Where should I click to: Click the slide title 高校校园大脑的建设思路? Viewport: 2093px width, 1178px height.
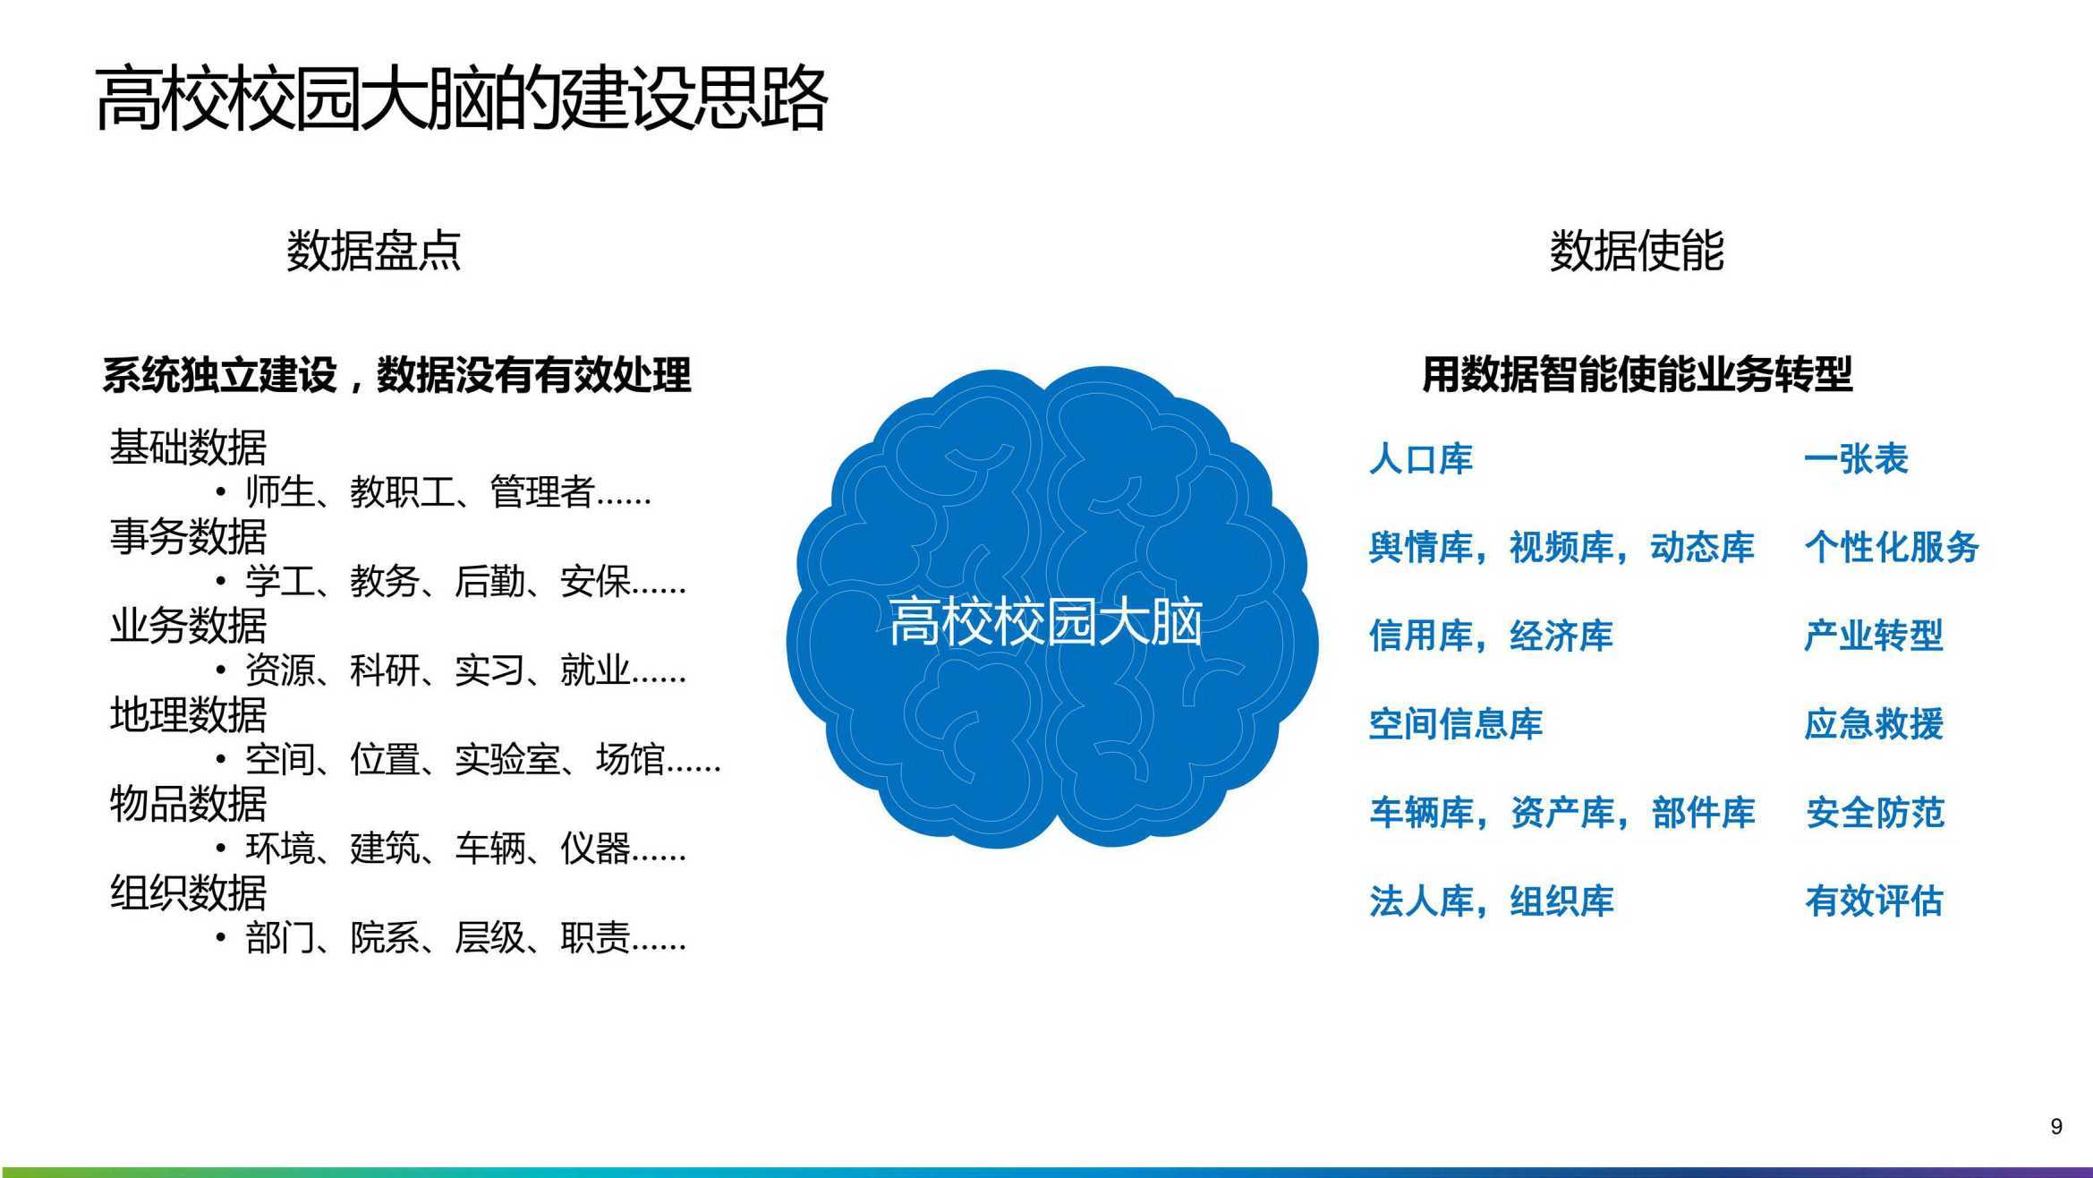(461, 98)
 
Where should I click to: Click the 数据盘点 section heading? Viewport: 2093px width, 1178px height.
(373, 250)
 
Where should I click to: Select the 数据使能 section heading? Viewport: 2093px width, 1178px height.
(1637, 250)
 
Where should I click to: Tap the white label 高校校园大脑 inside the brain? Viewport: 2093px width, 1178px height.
(1045, 621)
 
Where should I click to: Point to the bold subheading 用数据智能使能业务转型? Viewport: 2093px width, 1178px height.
(1637, 374)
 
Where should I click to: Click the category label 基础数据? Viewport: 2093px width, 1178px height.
(188, 448)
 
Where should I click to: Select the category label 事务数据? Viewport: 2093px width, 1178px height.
(188, 536)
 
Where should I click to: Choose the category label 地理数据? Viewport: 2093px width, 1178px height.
(188, 714)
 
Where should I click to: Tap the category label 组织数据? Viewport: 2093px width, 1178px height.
(188, 892)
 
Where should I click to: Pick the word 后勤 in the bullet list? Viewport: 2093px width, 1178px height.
(489, 581)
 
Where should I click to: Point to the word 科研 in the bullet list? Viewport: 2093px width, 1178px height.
(385, 670)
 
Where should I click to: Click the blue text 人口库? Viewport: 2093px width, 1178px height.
(1421, 459)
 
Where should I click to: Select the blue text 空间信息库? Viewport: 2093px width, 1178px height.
(1456, 724)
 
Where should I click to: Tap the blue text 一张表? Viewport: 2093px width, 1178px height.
(1856, 459)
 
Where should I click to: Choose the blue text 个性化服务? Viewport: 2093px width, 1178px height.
(1892, 547)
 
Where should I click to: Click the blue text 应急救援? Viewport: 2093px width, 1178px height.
(1874, 724)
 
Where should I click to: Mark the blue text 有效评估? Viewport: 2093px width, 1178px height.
(1874, 901)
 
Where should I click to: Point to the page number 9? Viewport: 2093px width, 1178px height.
(2056, 1126)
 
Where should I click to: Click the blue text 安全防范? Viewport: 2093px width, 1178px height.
(1874, 813)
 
